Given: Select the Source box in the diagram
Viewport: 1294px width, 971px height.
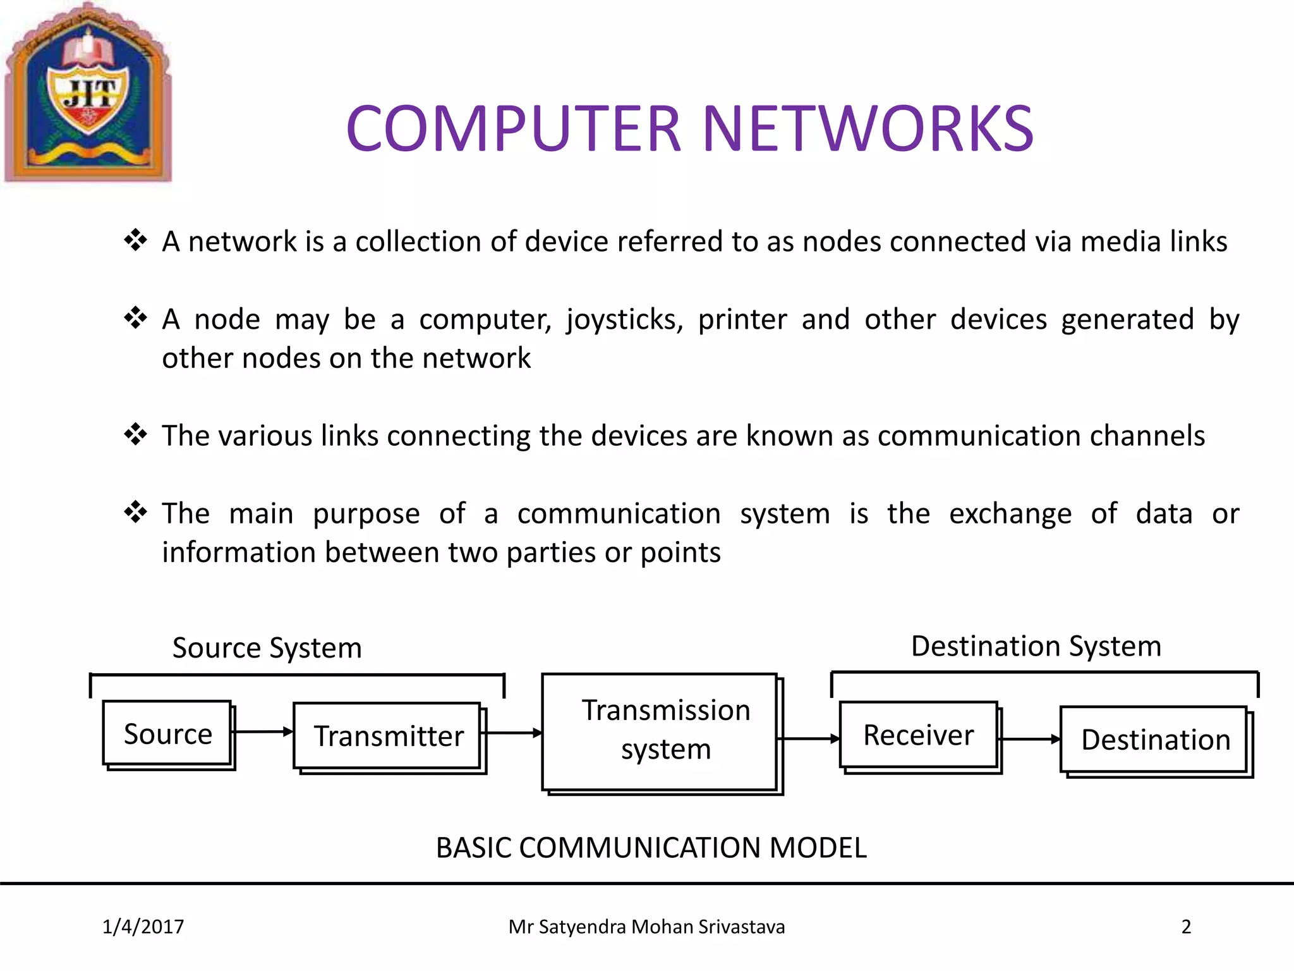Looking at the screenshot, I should point(168,734).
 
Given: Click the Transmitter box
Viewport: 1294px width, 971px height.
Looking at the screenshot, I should point(389,736).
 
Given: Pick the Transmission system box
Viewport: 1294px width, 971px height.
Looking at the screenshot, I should point(662,731).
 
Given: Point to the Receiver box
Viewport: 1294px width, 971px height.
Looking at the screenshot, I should point(919,735).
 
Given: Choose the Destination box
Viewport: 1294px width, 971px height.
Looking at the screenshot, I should point(1155,740).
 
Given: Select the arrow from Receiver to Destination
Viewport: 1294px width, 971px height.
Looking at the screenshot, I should point(1030,738).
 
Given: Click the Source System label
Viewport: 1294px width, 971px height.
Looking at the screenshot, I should point(267,648).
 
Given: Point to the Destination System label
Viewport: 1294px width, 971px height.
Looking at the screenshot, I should point(1036,646).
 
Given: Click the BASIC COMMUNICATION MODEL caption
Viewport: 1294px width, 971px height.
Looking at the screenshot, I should point(651,848).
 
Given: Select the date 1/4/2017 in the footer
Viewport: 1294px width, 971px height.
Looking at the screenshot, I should point(143,927).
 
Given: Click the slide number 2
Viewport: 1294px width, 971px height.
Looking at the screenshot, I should point(1185,927).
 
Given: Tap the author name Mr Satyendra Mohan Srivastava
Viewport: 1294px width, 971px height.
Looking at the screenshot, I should point(646,927).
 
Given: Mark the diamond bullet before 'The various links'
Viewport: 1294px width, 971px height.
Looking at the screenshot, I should point(135,434).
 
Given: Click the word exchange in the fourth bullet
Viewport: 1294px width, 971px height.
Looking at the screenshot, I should point(1010,513).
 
